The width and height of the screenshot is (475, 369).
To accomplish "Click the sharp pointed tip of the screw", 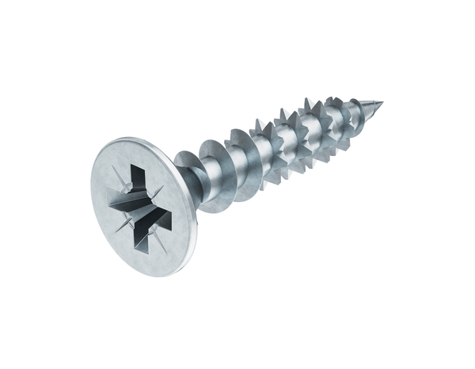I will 382,103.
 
